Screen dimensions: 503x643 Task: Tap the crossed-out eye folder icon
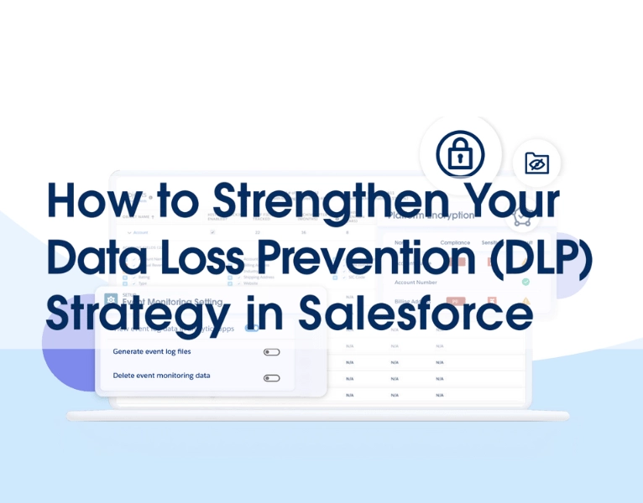coord(536,163)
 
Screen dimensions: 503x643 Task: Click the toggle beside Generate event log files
coord(271,352)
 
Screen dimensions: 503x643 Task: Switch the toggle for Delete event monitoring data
coord(271,378)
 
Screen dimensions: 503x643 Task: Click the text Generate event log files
coord(152,351)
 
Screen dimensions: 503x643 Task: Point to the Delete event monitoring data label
coord(161,376)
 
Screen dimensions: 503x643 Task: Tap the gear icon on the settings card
coord(110,298)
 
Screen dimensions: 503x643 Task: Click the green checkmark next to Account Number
coord(525,282)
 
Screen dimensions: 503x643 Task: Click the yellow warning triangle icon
coord(526,301)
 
